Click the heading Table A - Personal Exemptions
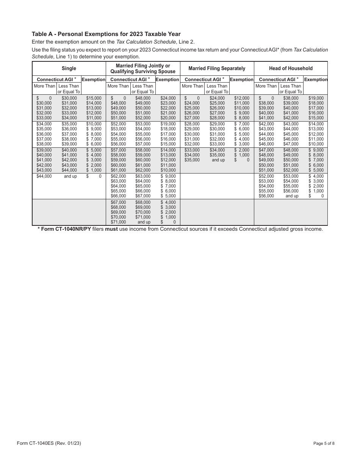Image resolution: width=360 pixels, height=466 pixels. pos(106,34)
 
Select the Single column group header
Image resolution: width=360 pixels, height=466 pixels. pos(69,69)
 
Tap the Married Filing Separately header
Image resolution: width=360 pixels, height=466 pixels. pos(217,69)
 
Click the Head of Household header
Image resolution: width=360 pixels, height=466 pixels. pos(291,69)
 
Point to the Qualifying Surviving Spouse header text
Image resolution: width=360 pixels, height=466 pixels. pos(143,72)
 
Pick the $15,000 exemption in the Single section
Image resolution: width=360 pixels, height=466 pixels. pos(94,98)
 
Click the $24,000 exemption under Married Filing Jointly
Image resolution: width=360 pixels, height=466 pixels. pos(168,98)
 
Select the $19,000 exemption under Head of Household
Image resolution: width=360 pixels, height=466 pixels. pos(316,98)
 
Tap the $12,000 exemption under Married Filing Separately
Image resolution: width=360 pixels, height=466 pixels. pos(242,98)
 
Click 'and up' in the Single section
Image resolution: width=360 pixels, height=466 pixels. pos(70,176)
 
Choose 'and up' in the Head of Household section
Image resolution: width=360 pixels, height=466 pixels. pos(292,196)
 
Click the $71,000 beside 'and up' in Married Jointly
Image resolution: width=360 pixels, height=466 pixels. pos(118,222)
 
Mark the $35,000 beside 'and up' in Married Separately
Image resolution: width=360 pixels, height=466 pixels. pos(192,160)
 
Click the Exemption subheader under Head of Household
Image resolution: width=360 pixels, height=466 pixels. pos(316,80)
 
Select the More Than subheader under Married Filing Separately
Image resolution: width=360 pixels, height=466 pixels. pos(192,86)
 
